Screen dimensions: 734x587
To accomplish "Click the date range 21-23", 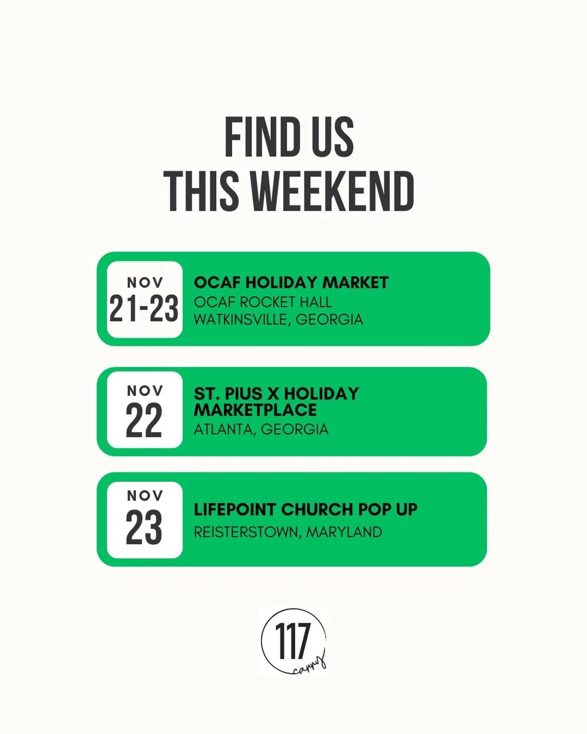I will point(144,308).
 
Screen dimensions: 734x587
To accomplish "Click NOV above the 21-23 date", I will point(145,283).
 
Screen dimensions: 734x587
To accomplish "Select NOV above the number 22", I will point(145,391).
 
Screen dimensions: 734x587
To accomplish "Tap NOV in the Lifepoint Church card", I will point(145,495).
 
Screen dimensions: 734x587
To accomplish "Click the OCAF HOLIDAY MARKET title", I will point(291,283).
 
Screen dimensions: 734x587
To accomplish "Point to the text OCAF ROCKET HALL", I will point(263,302).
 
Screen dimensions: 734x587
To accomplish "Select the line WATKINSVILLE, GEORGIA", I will point(278,320).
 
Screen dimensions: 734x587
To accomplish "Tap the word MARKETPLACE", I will point(255,410).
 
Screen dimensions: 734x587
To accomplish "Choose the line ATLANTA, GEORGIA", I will point(261,430).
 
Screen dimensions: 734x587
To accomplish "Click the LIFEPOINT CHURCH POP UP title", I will point(305,509).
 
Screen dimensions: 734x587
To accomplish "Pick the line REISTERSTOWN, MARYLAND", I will point(288,532).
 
